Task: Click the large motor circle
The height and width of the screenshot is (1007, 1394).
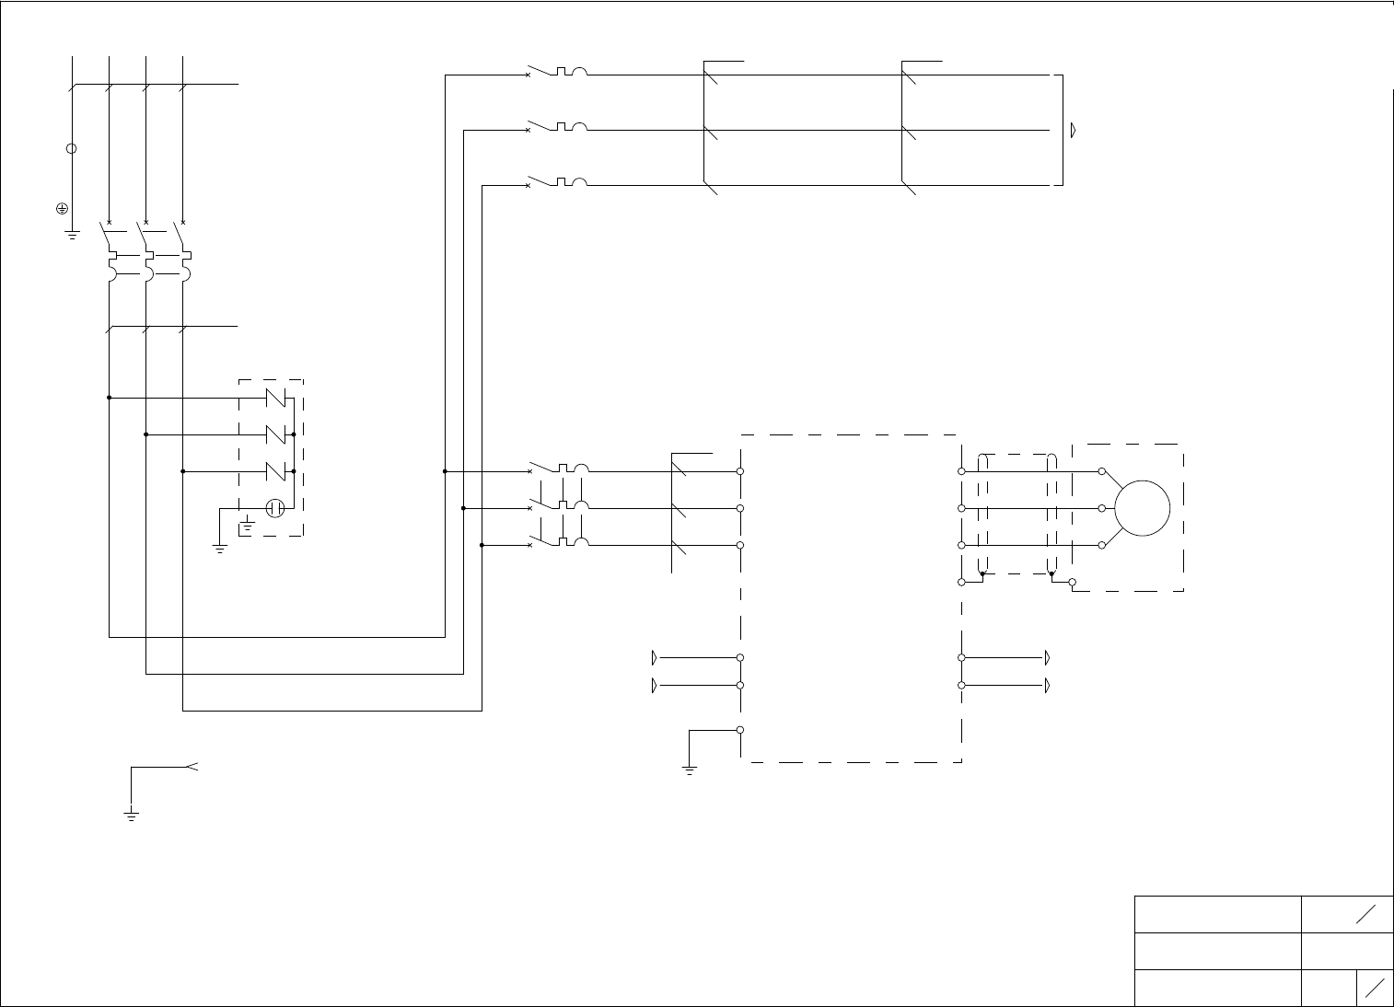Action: coord(1142,508)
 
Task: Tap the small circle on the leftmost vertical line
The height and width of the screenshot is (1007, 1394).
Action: coord(72,148)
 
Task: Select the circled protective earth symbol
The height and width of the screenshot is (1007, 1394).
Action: coord(61,209)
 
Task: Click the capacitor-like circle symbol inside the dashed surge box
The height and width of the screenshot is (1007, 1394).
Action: coord(274,507)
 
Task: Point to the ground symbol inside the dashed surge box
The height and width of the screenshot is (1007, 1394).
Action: coord(247,527)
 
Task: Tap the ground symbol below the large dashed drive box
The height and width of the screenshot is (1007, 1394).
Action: coord(689,770)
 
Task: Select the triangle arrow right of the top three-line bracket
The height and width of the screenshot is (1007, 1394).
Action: coord(1074,131)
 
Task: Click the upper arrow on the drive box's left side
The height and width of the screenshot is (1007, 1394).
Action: coord(655,658)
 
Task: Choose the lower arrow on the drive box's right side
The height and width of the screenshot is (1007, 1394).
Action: coord(1047,686)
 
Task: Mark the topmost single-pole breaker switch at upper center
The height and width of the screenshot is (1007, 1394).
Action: coord(557,74)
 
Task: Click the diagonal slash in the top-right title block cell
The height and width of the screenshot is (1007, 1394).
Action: coord(1365,914)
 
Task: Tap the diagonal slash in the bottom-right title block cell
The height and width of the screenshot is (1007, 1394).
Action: coord(1375,988)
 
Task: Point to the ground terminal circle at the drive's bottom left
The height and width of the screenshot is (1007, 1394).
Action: coord(740,730)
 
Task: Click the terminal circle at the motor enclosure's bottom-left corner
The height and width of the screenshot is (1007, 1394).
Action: coord(1072,582)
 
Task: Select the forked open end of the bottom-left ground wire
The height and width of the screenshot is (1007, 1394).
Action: coord(192,766)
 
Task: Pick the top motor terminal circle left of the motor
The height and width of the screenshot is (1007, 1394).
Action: coord(1101,471)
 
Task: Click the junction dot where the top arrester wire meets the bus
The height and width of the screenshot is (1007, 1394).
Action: coord(110,398)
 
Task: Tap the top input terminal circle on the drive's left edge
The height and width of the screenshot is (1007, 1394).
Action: coord(740,471)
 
